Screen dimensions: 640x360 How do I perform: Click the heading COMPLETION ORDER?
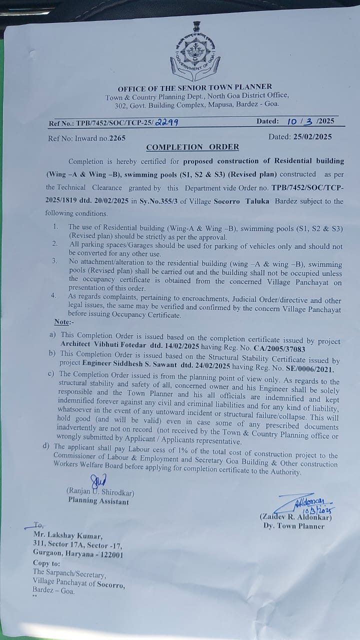(192, 147)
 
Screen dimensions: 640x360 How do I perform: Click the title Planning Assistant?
(98, 501)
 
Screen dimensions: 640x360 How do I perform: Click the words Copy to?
(45, 563)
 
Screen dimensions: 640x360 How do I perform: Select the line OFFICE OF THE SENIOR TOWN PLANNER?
(195, 87)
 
